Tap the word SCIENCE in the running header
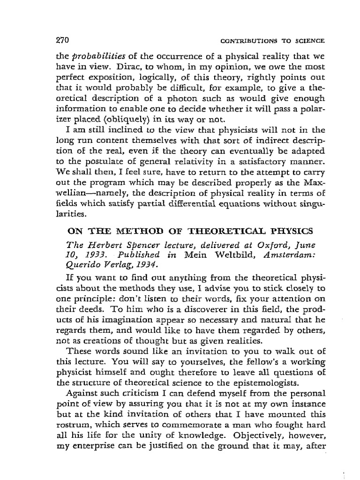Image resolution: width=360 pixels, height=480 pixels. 310,41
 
